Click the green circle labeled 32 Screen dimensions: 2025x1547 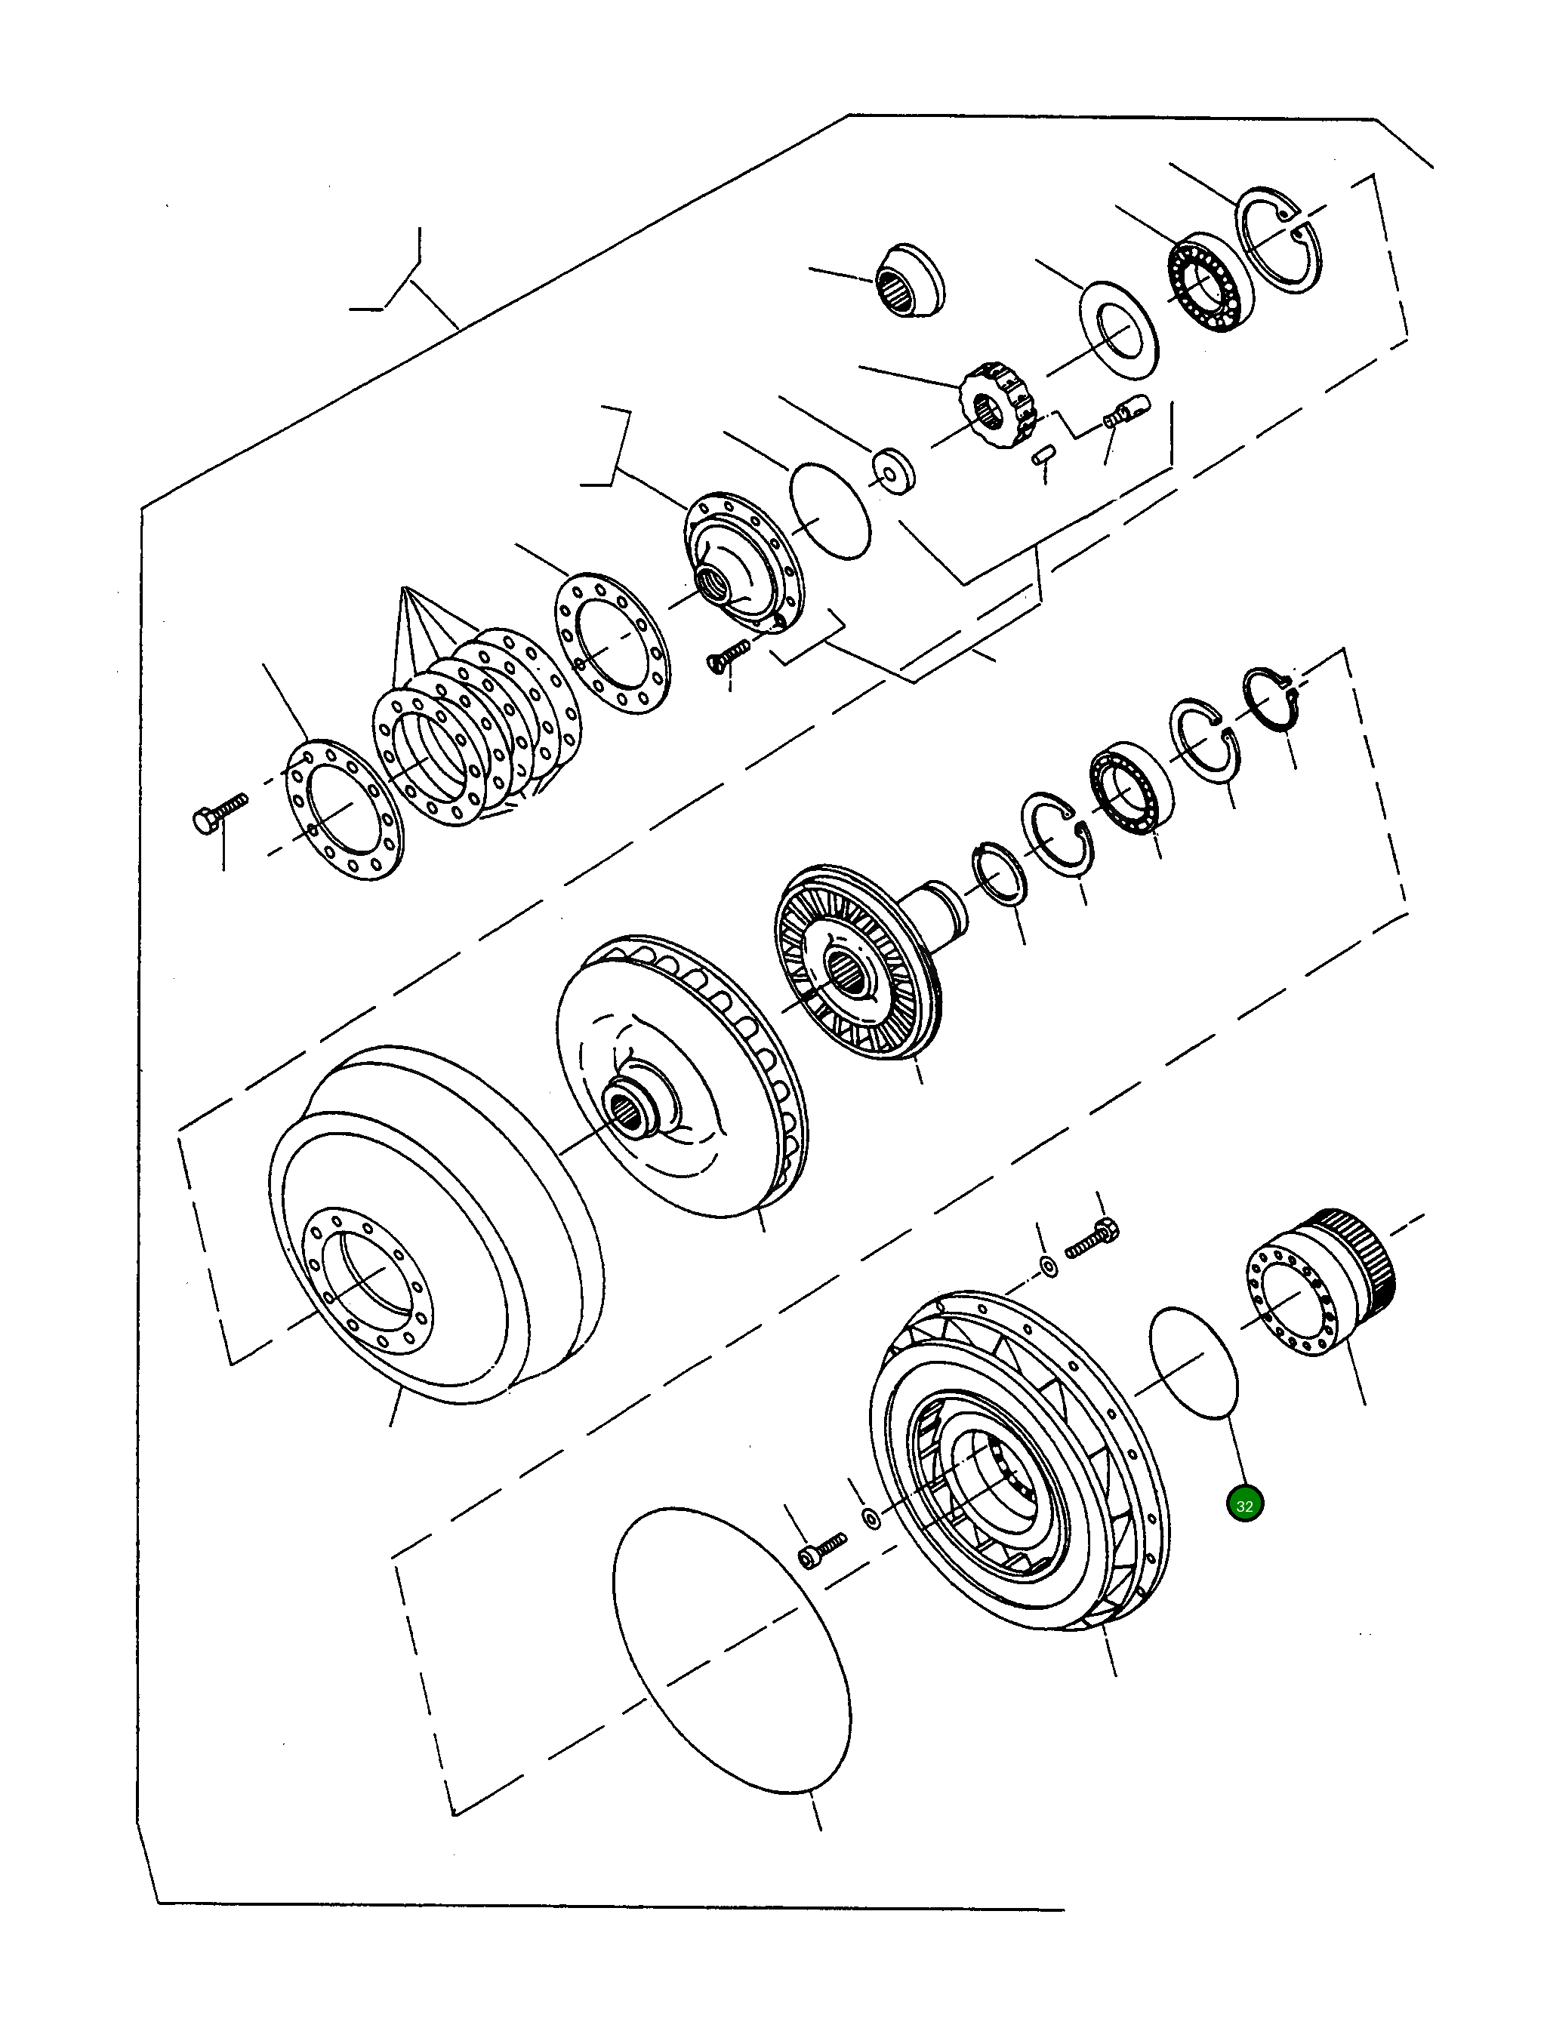click(x=1245, y=1506)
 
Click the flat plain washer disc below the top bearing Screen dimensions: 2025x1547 click(x=1118, y=330)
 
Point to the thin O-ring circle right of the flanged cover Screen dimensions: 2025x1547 click(x=830, y=511)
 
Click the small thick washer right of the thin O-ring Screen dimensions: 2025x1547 click(x=893, y=469)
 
